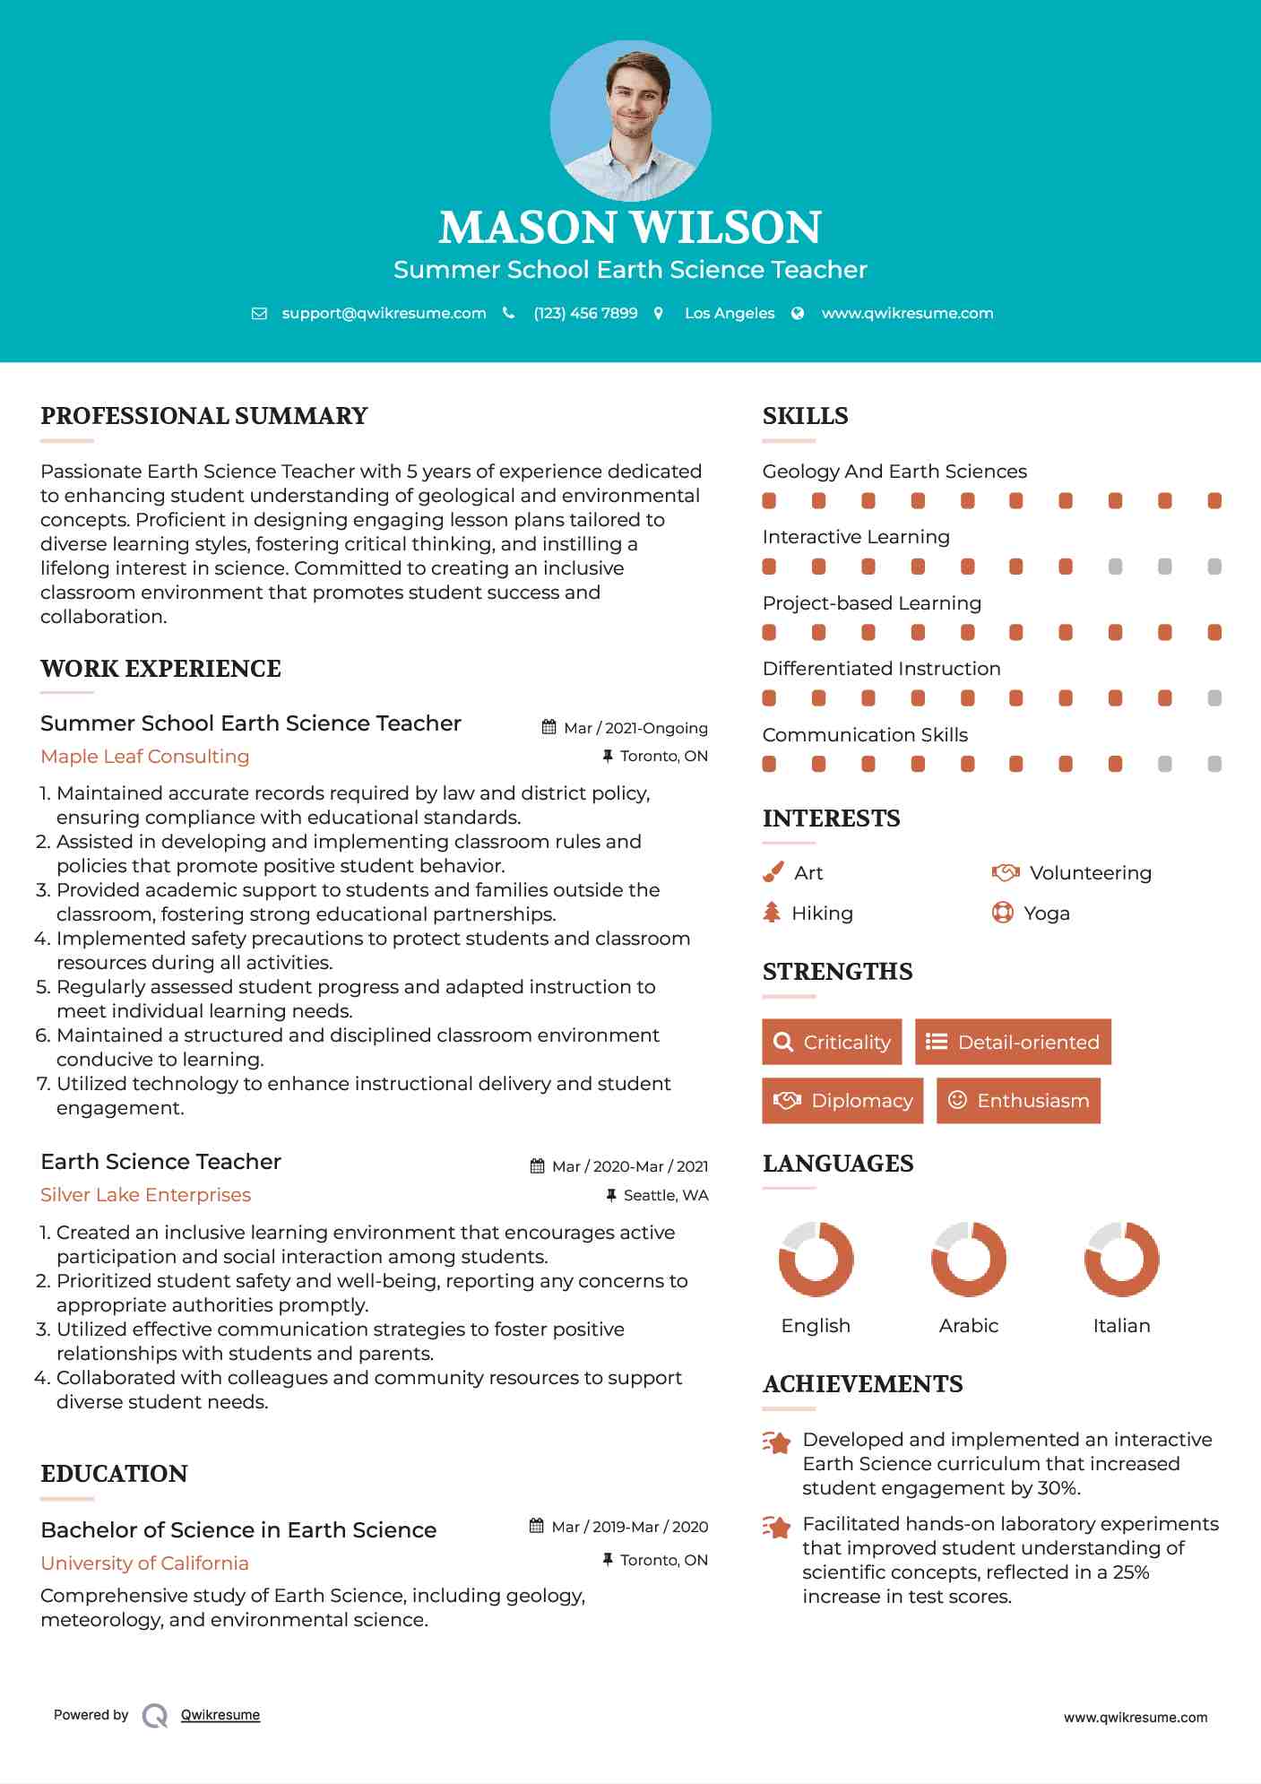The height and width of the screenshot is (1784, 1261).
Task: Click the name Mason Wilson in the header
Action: click(x=630, y=227)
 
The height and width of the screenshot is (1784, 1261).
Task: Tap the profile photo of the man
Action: click(x=631, y=120)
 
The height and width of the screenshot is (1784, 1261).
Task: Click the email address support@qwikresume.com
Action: click(x=384, y=313)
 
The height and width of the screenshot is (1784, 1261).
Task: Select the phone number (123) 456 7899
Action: click(x=585, y=313)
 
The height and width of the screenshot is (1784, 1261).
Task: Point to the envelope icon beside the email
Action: click(x=259, y=313)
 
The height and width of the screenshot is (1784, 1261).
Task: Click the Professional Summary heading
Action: click(x=204, y=416)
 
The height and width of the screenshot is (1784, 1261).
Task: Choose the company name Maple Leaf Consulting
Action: click(x=145, y=757)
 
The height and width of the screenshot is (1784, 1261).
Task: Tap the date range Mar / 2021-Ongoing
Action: click(x=635, y=728)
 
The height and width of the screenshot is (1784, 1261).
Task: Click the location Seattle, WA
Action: click(x=665, y=1195)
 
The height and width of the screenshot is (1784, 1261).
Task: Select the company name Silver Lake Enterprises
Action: click(x=146, y=1195)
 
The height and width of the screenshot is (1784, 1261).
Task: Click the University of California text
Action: click(x=145, y=1563)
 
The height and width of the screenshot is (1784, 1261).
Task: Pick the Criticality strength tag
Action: click(x=832, y=1042)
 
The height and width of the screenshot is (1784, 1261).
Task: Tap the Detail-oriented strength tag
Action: click(x=1013, y=1042)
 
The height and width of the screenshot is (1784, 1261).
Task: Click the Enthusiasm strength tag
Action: click(x=1018, y=1100)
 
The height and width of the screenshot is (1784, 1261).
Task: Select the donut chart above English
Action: click(x=816, y=1259)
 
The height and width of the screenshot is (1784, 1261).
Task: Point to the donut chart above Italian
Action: click(x=1121, y=1259)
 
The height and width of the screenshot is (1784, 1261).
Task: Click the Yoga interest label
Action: click(x=1047, y=913)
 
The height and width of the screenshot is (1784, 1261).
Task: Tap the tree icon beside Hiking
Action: click(x=772, y=913)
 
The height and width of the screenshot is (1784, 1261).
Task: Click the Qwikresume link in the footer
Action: click(x=220, y=1715)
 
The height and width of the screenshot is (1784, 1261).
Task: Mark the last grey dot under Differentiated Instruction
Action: click(x=1214, y=698)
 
